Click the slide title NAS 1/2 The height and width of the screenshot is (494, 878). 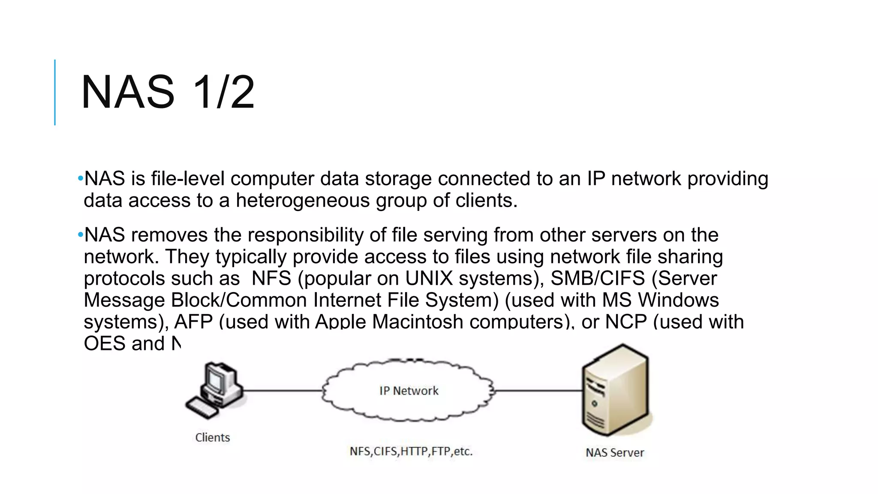click(x=168, y=92)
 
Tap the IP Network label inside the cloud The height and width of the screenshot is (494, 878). click(x=409, y=391)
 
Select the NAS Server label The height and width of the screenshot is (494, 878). click(x=615, y=452)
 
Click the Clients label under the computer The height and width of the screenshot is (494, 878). click(x=213, y=437)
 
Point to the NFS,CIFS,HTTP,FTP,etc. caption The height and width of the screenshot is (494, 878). click(x=411, y=451)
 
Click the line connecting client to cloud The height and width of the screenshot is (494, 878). click(x=283, y=390)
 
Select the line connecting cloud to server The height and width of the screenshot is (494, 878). click(x=538, y=390)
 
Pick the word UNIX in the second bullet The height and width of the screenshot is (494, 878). click(x=429, y=278)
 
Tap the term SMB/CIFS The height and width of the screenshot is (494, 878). click(x=598, y=278)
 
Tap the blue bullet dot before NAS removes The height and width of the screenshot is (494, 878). click(x=80, y=235)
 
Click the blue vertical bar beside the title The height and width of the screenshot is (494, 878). click(x=55, y=92)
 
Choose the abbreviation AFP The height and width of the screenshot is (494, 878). click(x=193, y=322)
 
